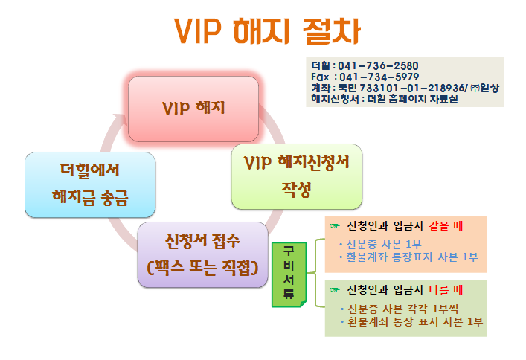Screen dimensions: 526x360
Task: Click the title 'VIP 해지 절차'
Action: pos(267,30)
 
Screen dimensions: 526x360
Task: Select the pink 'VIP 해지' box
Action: pos(193,109)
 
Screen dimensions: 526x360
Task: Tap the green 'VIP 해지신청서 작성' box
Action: pos(297,176)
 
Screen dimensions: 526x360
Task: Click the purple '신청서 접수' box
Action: pos(202,254)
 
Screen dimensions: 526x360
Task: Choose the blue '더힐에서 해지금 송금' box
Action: pos(90,184)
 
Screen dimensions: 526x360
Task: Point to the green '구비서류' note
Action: pos(289,274)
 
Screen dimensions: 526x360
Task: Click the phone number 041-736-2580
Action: pos(378,65)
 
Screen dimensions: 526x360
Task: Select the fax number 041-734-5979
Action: pos(379,77)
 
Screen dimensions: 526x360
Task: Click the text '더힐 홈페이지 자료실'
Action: pos(412,100)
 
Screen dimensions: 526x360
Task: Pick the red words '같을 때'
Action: pos(446,226)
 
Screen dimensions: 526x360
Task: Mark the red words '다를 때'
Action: pos(446,289)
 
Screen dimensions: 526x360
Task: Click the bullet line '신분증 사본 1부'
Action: pos(384,244)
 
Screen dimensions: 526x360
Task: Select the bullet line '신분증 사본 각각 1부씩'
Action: pos(403,309)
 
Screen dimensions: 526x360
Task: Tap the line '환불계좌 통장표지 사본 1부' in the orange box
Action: pos(412,257)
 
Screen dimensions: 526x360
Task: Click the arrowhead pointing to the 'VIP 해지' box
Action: pos(120,119)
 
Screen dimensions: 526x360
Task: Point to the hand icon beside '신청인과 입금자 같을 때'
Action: pos(335,226)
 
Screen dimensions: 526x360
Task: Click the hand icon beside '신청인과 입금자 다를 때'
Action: pos(335,289)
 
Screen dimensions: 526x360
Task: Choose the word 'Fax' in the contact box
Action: pos(320,77)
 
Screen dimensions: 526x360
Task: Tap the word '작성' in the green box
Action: pos(296,190)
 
